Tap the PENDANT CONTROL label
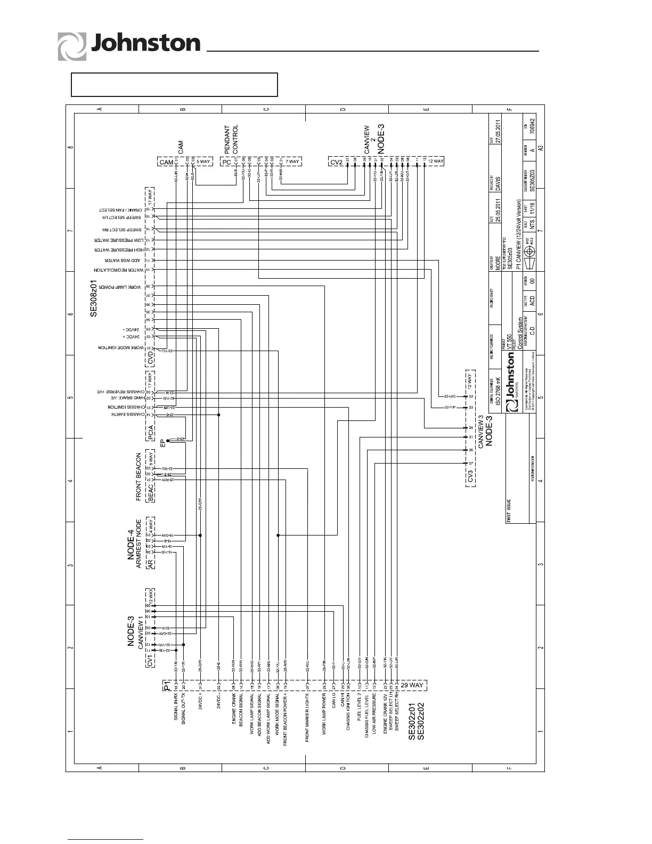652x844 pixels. click(231, 137)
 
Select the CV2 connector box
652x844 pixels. click(337, 161)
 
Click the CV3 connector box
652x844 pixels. click(470, 475)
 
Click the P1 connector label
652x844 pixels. click(167, 685)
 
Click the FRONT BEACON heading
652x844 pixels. click(139, 477)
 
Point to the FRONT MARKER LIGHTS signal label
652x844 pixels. click(308, 715)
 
